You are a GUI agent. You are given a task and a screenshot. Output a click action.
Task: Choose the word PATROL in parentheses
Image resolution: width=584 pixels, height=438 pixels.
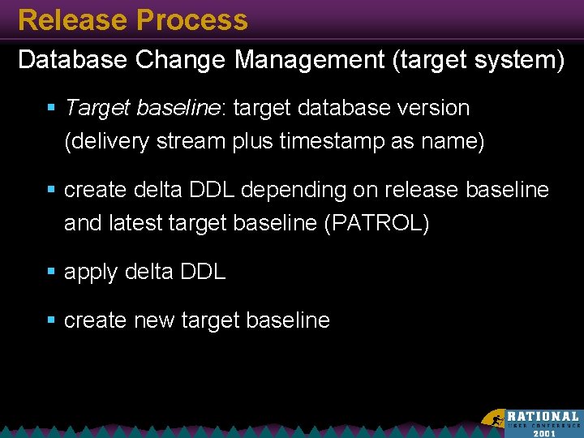click(376, 224)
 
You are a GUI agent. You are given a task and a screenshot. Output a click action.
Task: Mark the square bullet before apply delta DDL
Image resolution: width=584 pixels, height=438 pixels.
click(51, 272)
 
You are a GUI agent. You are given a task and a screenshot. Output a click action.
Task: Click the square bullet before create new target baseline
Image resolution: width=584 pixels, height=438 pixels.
click(51, 320)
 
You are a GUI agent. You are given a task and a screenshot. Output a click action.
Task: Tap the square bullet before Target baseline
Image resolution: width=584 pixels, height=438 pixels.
click(51, 107)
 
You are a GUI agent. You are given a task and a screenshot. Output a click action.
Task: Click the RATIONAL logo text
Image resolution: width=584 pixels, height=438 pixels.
click(543, 415)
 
